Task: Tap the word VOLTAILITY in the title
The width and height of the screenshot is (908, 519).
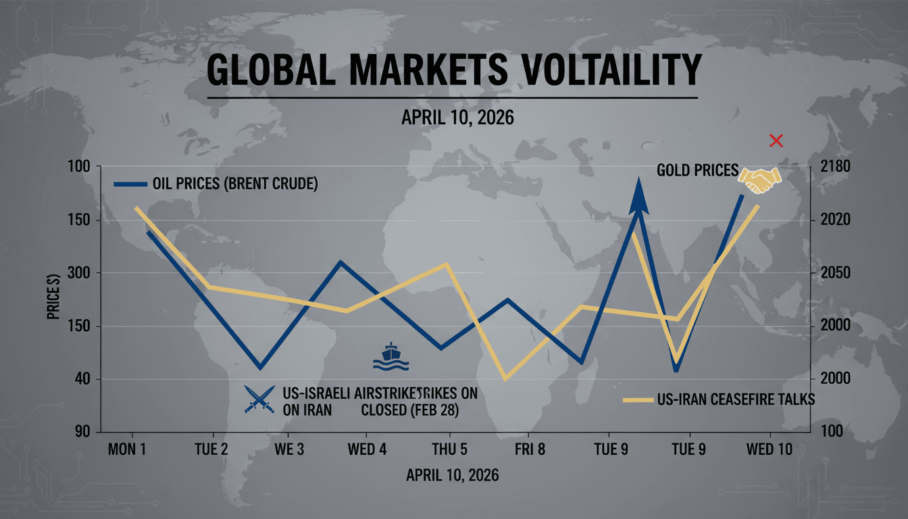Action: pos(612,71)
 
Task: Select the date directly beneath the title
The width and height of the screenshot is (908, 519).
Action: pos(457,118)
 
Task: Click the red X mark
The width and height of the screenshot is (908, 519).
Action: pos(776,141)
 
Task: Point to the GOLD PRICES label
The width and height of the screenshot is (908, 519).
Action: pos(697,170)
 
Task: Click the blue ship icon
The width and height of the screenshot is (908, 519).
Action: pos(391,357)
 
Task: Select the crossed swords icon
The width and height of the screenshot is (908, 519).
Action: pos(259,398)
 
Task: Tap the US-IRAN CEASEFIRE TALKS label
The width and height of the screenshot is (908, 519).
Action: pos(735,399)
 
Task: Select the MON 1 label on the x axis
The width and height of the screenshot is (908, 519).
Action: pos(127,449)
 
